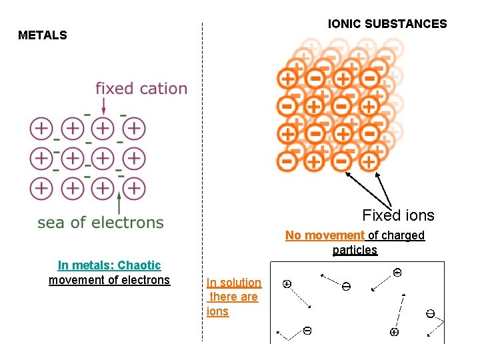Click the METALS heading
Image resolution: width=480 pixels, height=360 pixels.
click(x=43, y=35)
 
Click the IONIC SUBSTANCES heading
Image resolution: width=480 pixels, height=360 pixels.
click(x=387, y=24)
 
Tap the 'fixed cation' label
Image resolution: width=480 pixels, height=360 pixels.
click(x=141, y=88)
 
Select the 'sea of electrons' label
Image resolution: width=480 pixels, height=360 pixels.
click(x=101, y=223)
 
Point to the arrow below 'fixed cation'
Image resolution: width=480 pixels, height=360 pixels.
click(x=104, y=105)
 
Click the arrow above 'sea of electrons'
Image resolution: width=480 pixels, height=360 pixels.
click(x=119, y=203)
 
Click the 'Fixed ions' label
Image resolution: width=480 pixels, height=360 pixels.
click(x=398, y=215)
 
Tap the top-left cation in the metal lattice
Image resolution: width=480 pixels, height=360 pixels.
click(x=41, y=127)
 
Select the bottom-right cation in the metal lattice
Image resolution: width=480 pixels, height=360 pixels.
click(x=134, y=189)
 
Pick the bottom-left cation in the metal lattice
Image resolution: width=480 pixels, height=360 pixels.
click(x=41, y=189)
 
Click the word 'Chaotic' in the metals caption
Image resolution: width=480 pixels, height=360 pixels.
click(x=139, y=265)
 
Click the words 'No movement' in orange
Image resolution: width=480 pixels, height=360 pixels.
click(x=325, y=235)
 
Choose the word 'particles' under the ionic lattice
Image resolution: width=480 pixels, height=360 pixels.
click(x=355, y=250)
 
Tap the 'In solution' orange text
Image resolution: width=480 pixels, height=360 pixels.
click(x=234, y=283)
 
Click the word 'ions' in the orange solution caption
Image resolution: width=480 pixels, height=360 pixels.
click(x=217, y=311)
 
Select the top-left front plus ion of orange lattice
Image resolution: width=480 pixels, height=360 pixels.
click(x=288, y=79)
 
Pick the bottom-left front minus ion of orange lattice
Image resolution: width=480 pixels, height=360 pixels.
click(x=287, y=161)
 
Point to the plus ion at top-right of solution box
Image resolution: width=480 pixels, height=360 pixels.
click(x=397, y=272)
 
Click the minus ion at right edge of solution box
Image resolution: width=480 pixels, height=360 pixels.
click(x=431, y=313)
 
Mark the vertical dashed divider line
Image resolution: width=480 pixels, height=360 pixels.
click(x=202, y=180)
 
